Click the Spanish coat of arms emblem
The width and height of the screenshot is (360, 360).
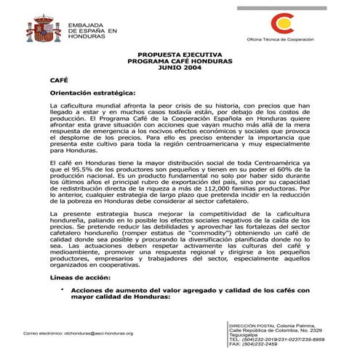click(x=43, y=29)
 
